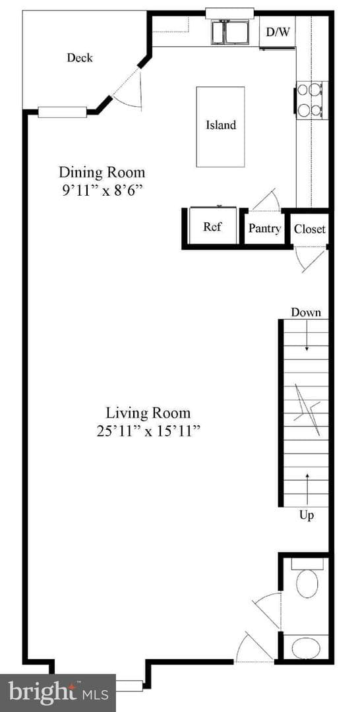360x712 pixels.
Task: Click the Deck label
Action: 80,57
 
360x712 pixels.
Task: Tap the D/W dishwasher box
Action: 278,32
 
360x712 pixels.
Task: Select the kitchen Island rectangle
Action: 220,126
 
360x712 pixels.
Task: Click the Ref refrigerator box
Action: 212,226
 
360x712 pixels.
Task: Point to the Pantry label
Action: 264,228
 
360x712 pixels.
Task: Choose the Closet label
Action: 310,229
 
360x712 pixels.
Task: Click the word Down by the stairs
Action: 306,312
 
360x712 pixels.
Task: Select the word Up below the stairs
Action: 307,516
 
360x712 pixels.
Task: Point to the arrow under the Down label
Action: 307,336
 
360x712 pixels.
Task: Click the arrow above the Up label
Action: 307,489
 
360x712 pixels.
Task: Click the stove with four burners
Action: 310,100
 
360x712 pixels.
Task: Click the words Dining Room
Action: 102,173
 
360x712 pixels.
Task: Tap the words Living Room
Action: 148,413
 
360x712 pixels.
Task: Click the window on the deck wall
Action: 62,111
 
